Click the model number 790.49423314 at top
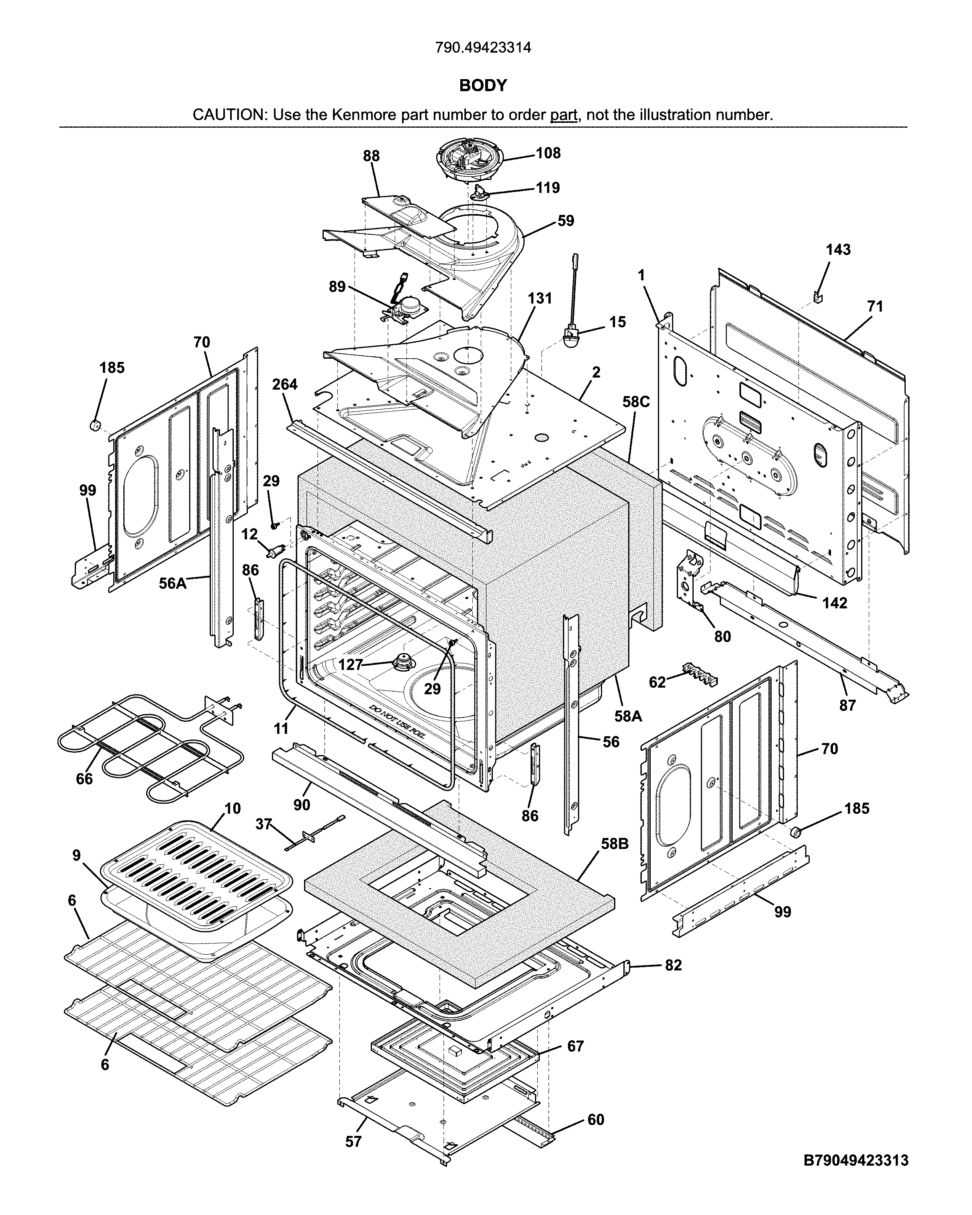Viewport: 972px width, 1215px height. pyautogui.click(x=483, y=47)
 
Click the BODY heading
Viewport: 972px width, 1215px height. pyautogui.click(x=483, y=85)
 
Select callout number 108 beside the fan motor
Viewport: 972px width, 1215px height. pyautogui.click(x=548, y=153)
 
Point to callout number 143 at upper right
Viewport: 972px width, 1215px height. pyautogui.click(x=838, y=250)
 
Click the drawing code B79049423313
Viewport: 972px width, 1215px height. pyautogui.click(x=856, y=1160)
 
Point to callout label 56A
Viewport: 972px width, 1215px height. pyautogui.click(x=172, y=583)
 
